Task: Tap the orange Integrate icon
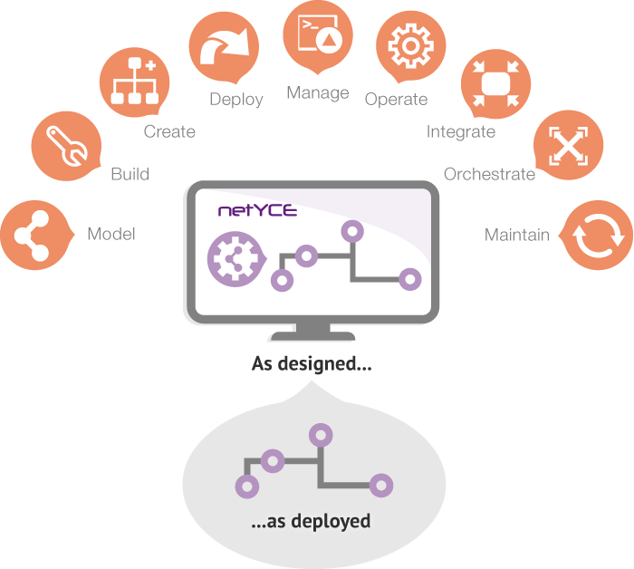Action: point(495,84)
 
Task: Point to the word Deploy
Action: point(236,100)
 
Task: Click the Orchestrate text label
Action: point(489,174)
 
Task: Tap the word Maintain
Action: point(517,235)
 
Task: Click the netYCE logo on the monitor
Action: point(257,210)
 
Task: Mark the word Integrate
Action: point(461,132)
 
